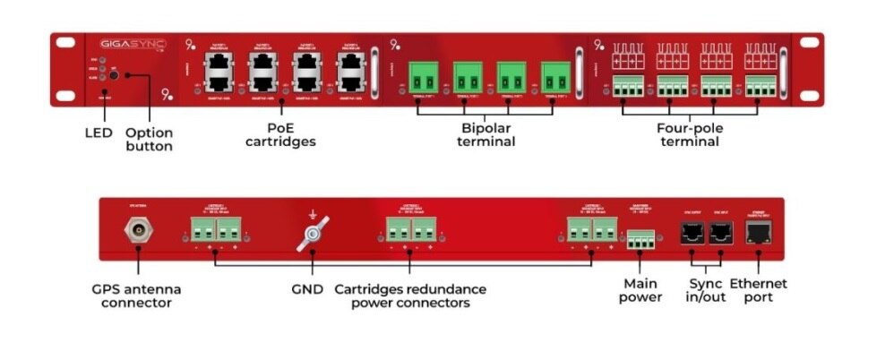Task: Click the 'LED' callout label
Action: coord(99,133)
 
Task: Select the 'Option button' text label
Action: coord(149,139)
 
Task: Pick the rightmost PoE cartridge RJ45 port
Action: coord(351,69)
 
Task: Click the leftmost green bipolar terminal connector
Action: coord(424,75)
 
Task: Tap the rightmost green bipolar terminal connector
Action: coord(555,75)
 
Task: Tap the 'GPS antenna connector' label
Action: coord(135,296)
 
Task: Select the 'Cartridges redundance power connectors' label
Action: coord(409,296)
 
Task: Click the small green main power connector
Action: coord(640,239)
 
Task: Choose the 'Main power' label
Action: coord(640,290)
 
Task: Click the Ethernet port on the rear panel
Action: coord(759,232)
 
